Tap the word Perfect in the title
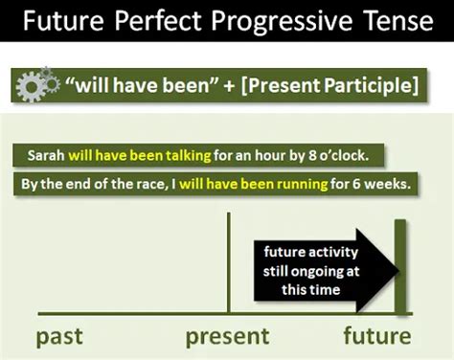157,21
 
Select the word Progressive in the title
276,21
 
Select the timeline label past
60,336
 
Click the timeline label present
227,336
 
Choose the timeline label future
378,336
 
